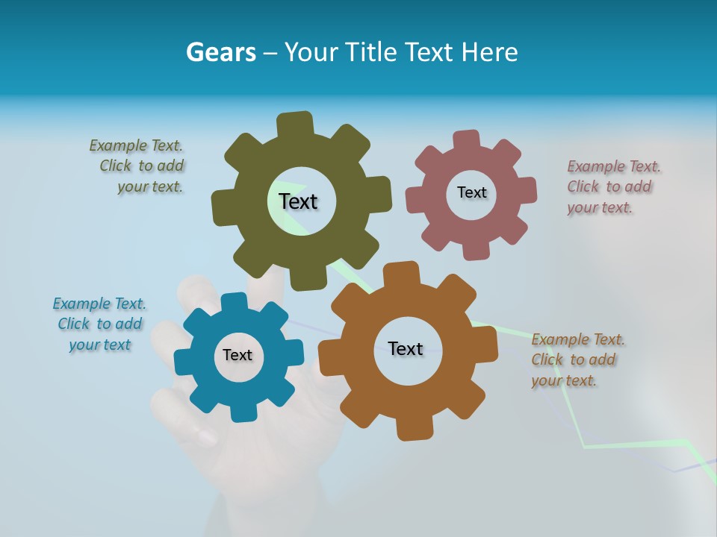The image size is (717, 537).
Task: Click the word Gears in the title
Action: point(220,52)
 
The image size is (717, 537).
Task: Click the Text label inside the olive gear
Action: point(298,201)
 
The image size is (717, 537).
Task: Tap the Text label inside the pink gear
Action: point(471,192)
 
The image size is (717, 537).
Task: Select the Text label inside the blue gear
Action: point(238,355)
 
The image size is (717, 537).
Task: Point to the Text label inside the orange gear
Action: point(406,348)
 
